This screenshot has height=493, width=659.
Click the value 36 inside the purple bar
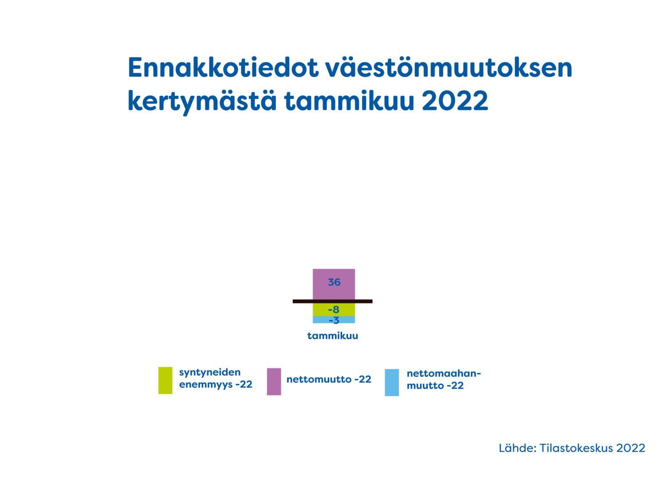(334, 282)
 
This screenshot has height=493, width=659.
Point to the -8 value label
(333, 309)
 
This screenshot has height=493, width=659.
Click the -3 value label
(333, 320)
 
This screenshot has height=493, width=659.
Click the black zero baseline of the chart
(332, 301)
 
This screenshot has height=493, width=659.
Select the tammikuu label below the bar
(333, 336)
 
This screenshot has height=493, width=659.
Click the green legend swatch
(165, 380)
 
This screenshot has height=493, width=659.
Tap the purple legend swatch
(274, 381)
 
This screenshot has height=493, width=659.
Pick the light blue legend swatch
(392, 382)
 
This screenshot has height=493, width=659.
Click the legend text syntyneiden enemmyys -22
(216, 378)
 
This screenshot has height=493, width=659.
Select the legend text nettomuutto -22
(329, 379)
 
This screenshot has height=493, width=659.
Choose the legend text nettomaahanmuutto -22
(444, 380)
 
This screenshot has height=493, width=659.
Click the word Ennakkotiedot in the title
(223, 67)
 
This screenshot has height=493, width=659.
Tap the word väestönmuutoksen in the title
(449, 67)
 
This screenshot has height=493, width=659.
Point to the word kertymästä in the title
(202, 102)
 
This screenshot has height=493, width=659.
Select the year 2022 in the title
(455, 101)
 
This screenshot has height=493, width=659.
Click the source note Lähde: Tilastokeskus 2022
(572, 448)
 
